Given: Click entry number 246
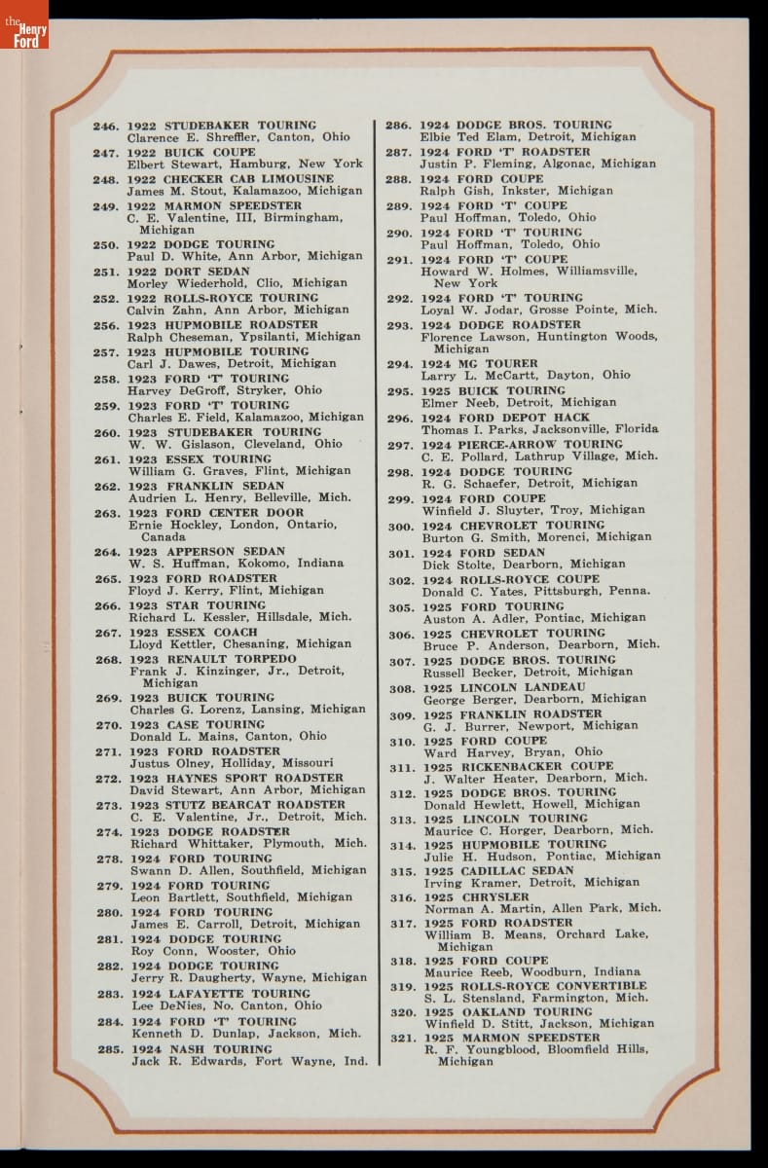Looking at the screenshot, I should [105, 127].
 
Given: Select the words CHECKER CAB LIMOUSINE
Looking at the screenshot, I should [248, 180].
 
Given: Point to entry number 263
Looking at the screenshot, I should [107, 513].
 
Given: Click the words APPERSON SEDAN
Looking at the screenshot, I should [224, 552].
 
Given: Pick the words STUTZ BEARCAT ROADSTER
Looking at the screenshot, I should [255, 805].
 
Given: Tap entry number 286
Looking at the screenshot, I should [397, 126].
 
